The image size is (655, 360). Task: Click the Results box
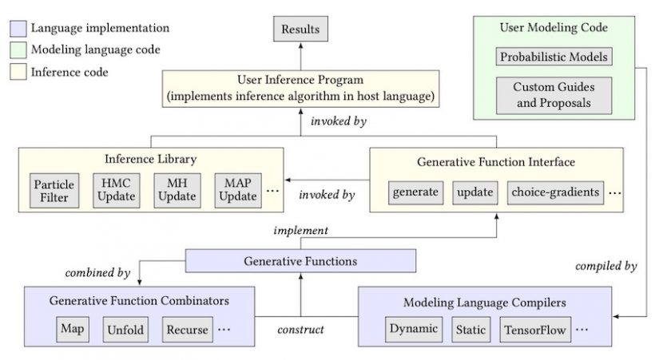[300, 29]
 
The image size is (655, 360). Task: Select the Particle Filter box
[54, 191]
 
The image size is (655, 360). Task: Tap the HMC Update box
[116, 191]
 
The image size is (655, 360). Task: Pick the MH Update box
[177, 191]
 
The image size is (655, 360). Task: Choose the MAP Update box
[238, 191]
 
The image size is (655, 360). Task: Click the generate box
[415, 192]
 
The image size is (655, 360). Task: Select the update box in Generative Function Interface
[475, 192]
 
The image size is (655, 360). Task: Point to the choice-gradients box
[556, 192]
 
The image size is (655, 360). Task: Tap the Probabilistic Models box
[554, 57]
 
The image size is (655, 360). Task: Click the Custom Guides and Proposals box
[554, 95]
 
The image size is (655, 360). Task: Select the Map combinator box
[73, 329]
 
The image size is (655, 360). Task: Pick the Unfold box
[125, 329]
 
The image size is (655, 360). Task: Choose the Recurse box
[188, 329]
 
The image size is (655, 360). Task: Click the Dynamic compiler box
[414, 329]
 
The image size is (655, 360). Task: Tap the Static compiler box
[470, 329]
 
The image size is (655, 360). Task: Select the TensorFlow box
[535, 329]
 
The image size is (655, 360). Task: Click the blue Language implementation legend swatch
[18, 29]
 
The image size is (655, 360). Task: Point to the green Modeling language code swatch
[18, 49]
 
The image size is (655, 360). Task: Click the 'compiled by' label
[606, 266]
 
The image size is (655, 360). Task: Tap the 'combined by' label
[97, 273]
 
